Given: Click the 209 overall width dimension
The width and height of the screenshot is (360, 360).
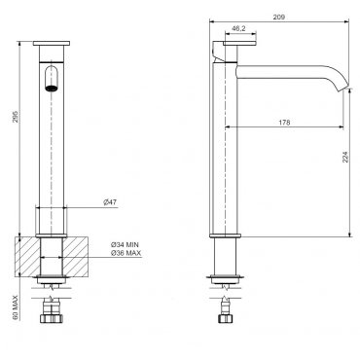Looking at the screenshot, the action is coord(278,18).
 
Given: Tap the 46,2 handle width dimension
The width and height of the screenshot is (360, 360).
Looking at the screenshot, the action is coord(238,28).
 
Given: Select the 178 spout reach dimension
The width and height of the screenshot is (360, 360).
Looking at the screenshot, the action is coord(284,123).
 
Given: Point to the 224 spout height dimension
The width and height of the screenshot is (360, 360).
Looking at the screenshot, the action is coord(345,157).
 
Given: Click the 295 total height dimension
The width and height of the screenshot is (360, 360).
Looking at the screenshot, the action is coord(16,117).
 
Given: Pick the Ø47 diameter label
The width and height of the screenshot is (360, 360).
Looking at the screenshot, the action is coord(110,202).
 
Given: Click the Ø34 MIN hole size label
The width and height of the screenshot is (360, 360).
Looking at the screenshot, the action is coord(125,245).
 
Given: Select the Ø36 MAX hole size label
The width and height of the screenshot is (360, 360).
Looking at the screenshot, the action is coord(126,253).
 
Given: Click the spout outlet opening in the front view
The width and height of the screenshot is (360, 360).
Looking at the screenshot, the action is coord(52,88).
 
